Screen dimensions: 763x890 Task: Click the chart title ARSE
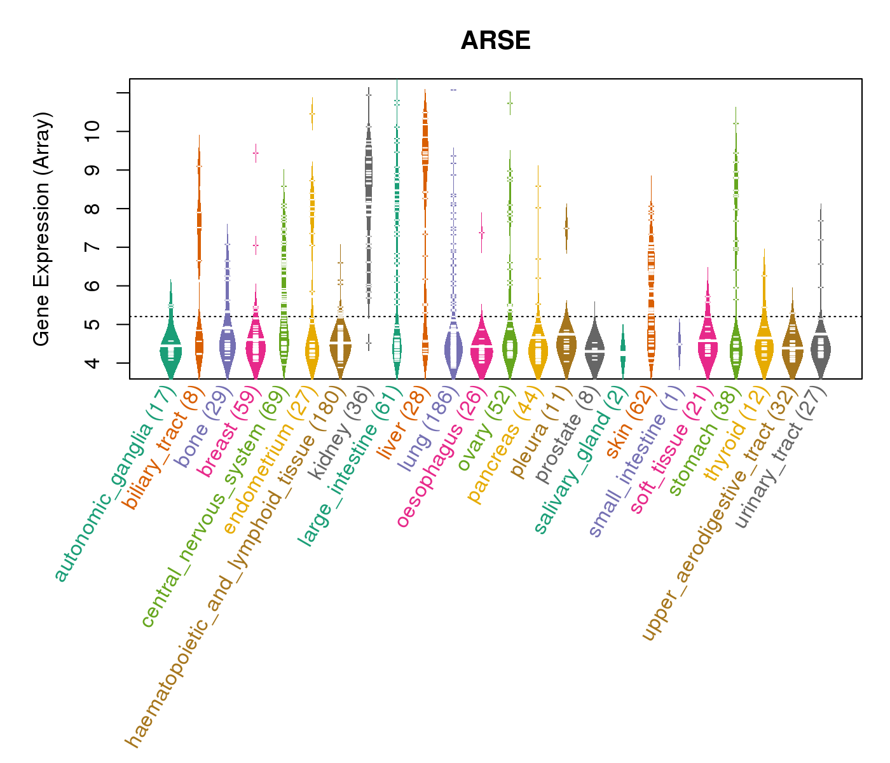click(495, 41)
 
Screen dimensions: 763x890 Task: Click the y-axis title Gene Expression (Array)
click(42, 229)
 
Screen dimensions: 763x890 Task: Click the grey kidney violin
click(369, 191)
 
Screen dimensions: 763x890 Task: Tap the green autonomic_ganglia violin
click(170, 347)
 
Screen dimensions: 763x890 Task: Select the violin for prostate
click(594, 350)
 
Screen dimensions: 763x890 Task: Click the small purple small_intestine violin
click(680, 343)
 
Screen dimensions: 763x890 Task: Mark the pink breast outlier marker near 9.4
click(256, 153)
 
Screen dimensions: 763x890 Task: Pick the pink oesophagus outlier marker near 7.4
click(481, 233)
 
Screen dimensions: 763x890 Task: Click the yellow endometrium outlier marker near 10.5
click(312, 114)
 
